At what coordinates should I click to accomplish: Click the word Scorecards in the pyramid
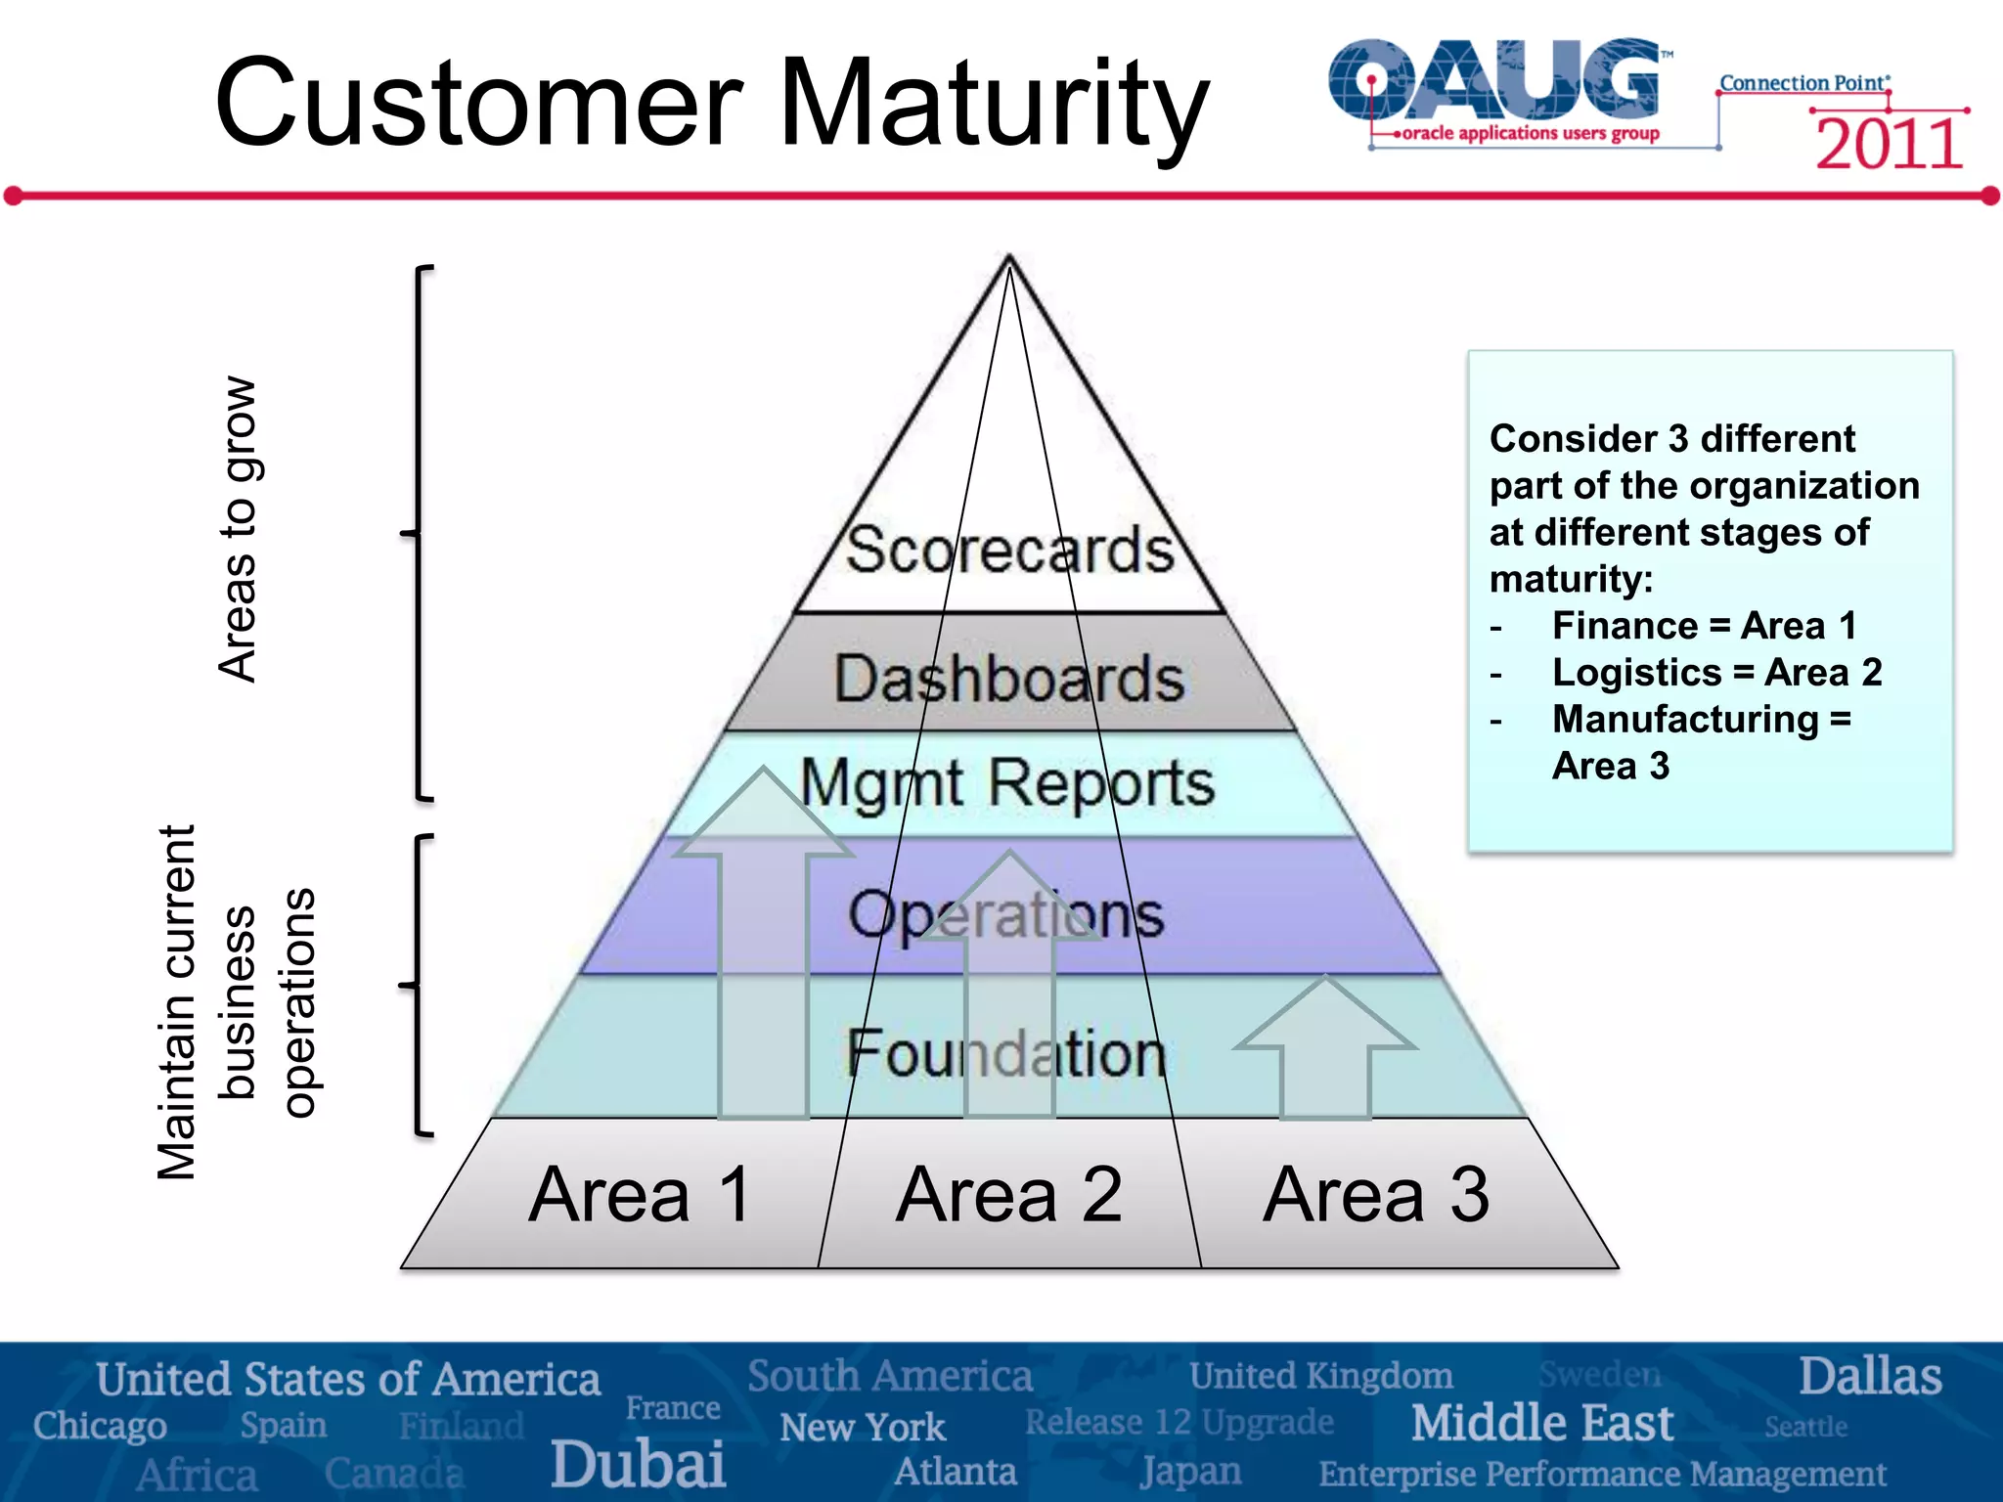point(1009,550)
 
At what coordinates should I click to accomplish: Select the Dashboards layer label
point(1009,678)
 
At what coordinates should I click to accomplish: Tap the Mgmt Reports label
point(1007,784)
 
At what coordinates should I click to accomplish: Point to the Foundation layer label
point(1007,1054)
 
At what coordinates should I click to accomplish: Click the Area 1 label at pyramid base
point(641,1195)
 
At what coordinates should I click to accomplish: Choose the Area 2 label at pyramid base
point(1009,1195)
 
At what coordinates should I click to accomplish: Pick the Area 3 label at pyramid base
point(1376,1195)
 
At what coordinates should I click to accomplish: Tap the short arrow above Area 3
point(1325,1046)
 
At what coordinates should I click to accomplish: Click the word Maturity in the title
point(993,103)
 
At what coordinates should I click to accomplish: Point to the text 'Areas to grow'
point(238,529)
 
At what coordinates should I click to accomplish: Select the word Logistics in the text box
point(1636,673)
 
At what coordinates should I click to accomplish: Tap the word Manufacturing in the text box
point(1684,720)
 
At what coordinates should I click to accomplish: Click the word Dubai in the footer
point(638,1464)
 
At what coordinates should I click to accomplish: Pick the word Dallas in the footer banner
point(1869,1376)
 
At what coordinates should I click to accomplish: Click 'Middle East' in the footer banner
point(1541,1423)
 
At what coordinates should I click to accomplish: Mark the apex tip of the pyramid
point(1009,258)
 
